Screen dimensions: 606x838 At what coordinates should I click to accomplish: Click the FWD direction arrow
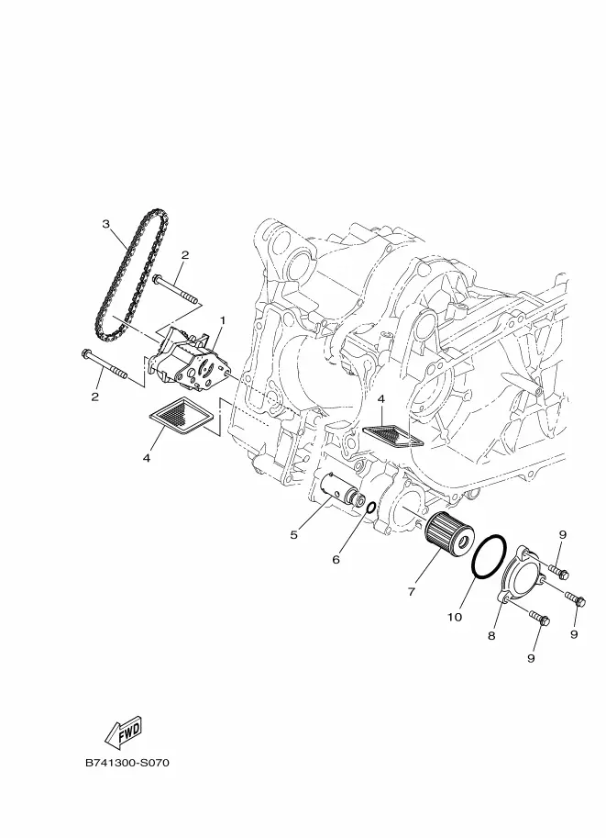click(x=124, y=732)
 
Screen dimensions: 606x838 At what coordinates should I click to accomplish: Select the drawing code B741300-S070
click(x=127, y=763)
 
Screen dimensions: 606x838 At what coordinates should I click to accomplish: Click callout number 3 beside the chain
click(x=105, y=224)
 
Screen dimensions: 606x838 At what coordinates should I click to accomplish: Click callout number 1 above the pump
click(x=223, y=320)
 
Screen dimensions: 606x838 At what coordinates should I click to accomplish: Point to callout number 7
click(x=411, y=592)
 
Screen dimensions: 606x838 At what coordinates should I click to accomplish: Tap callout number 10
click(x=455, y=618)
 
